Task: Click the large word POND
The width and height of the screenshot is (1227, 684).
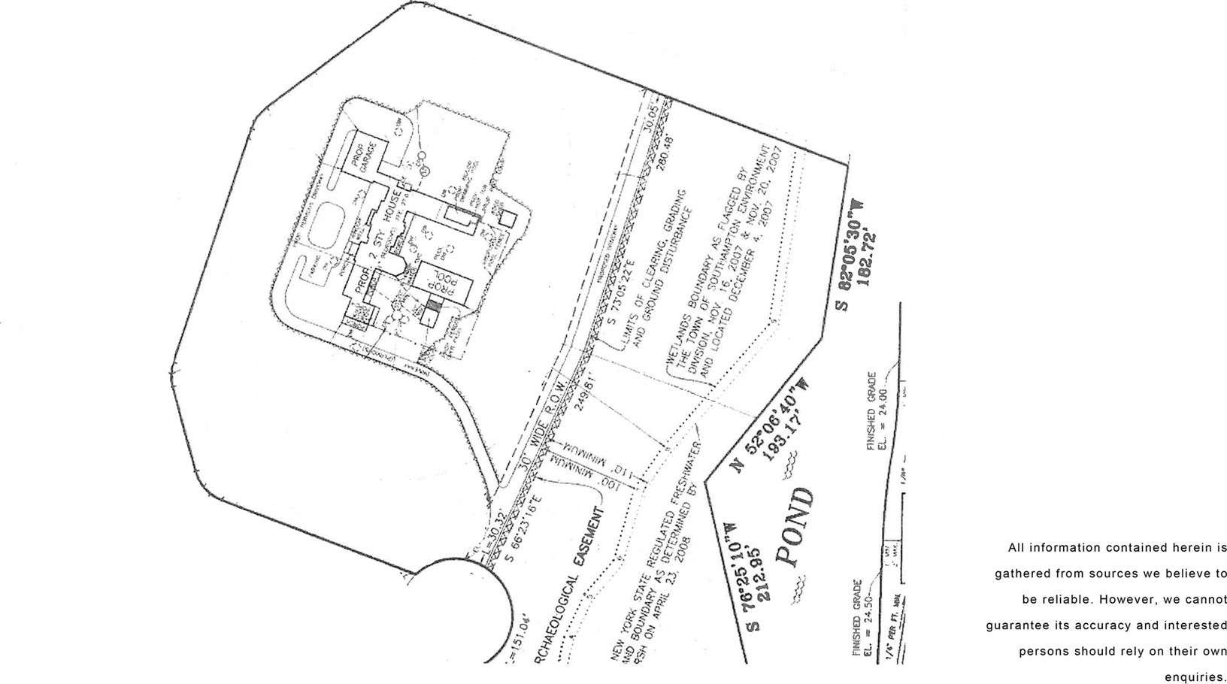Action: point(795,526)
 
